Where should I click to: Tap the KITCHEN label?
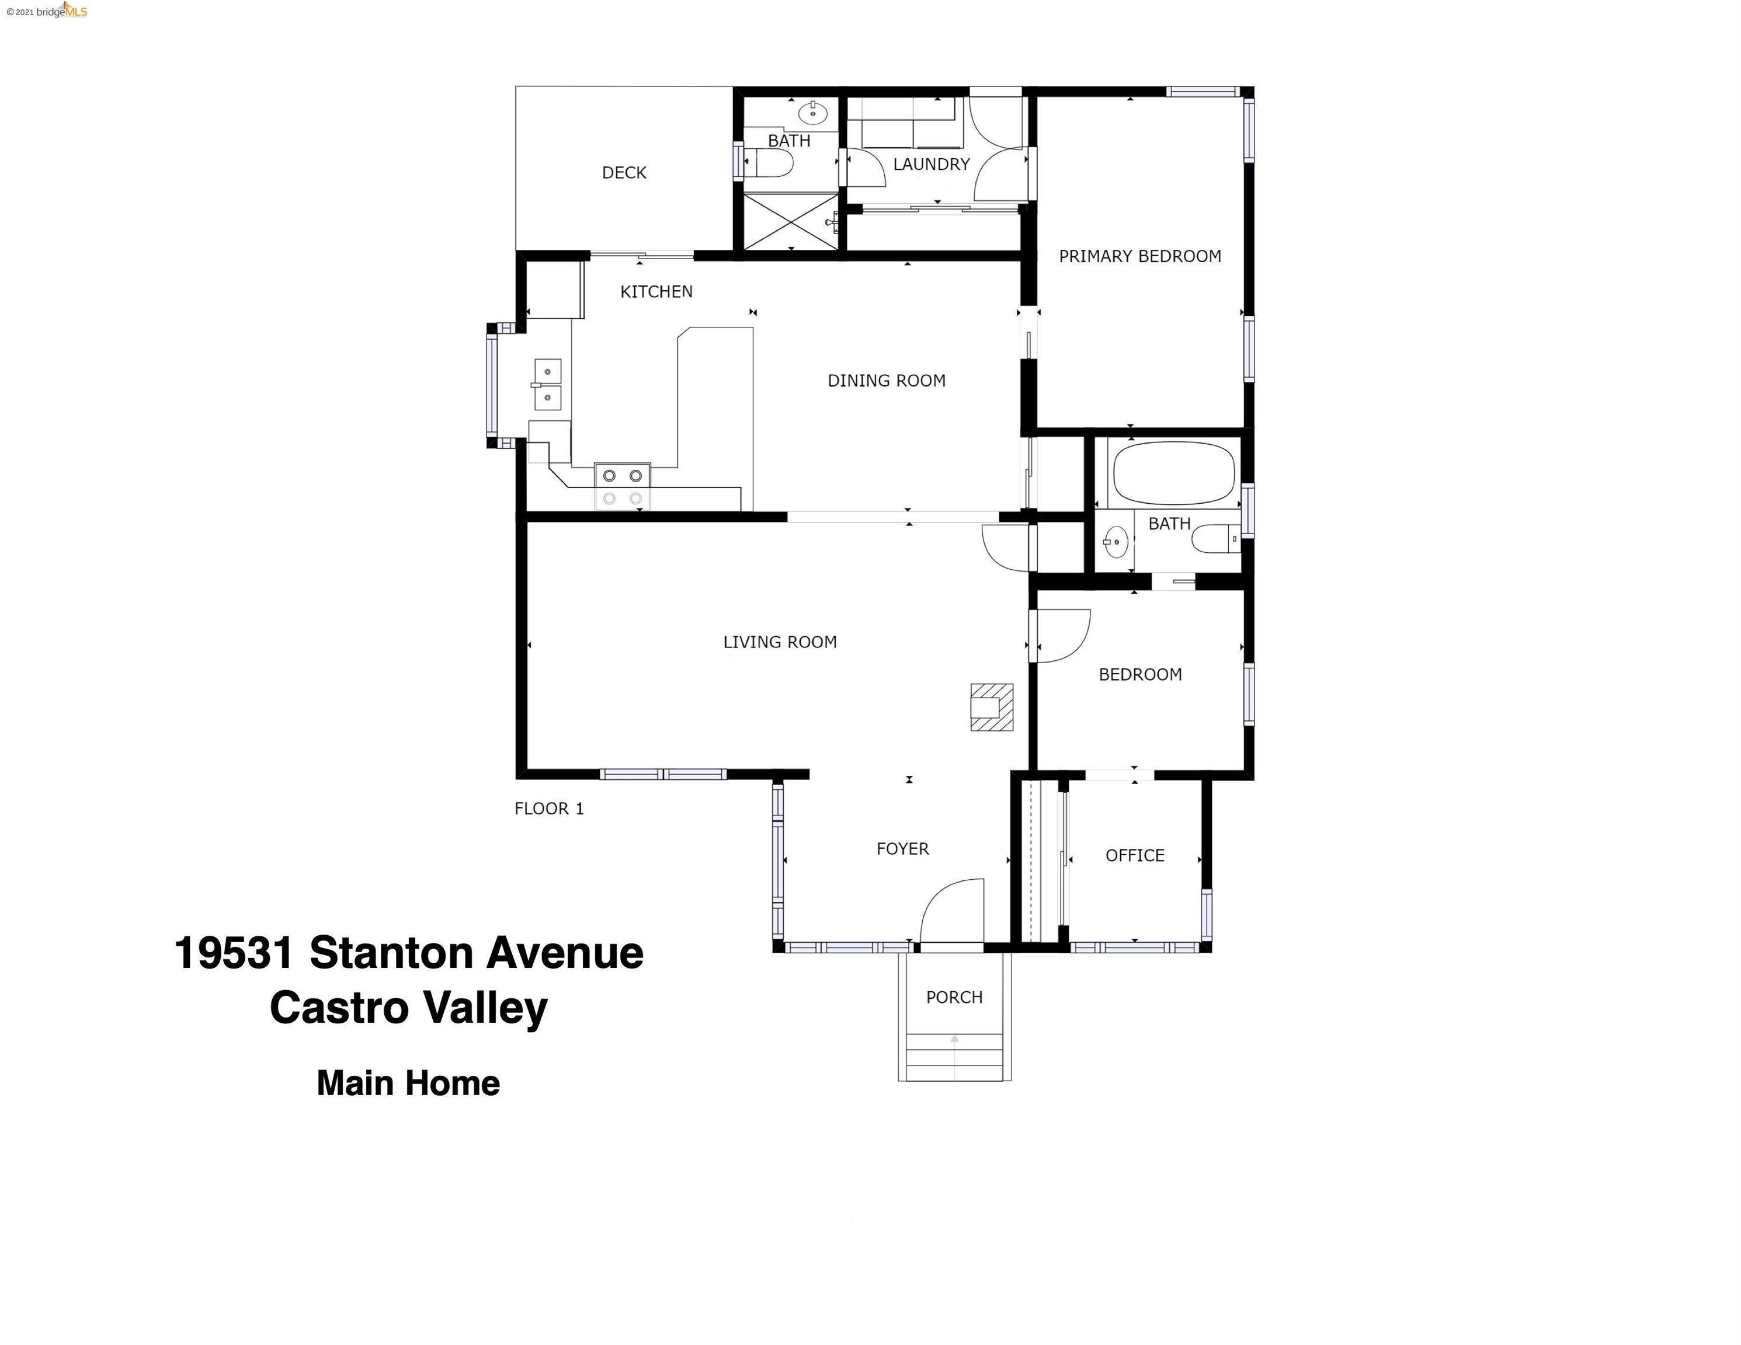point(656,292)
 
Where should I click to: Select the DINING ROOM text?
point(887,381)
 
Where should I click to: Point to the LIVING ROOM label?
point(780,642)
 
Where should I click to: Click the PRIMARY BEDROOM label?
point(1140,257)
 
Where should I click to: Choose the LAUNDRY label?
point(931,164)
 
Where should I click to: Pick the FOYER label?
point(902,849)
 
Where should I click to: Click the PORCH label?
point(954,998)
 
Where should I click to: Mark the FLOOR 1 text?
point(549,809)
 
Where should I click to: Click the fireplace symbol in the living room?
point(992,707)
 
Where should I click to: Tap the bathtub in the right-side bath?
point(1173,473)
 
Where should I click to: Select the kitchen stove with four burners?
point(623,487)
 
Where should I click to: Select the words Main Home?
point(408,1083)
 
